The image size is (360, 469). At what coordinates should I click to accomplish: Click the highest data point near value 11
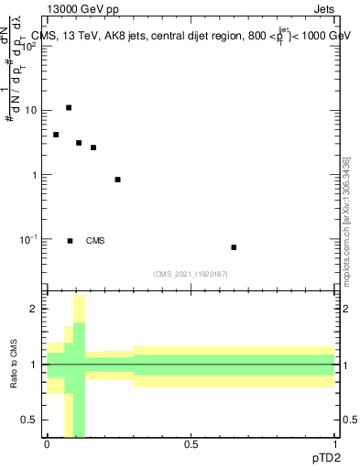(69, 108)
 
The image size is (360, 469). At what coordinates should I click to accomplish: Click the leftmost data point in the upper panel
(56, 135)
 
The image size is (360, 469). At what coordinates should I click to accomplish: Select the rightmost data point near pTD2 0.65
(234, 247)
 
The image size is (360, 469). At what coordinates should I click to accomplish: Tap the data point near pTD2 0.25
(118, 180)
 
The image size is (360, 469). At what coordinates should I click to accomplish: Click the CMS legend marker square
(71, 241)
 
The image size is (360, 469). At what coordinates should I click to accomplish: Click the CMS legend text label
(95, 241)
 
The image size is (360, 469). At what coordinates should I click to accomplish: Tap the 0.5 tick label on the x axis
(191, 444)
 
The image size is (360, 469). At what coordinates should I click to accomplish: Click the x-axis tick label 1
(334, 444)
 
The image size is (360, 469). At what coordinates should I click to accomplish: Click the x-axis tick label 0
(47, 444)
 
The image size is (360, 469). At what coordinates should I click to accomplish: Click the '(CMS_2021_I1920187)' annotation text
(191, 273)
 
